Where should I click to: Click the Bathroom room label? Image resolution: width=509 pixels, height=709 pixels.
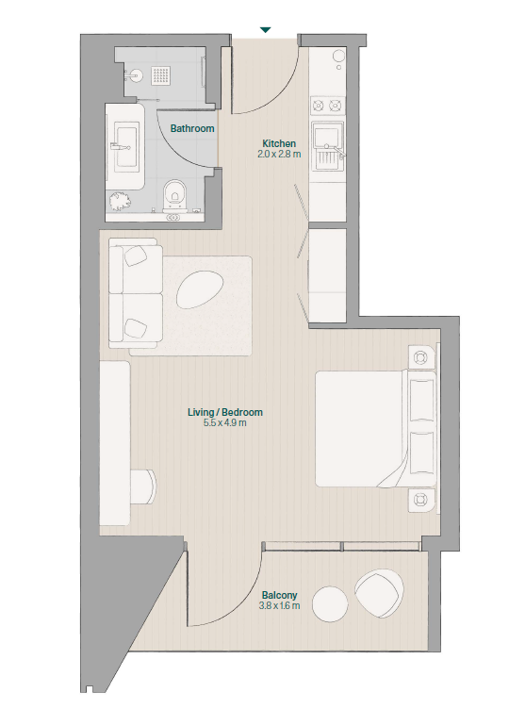tap(192, 128)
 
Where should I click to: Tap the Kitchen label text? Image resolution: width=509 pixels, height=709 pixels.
tap(279, 143)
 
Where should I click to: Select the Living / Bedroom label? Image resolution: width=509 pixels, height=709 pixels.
tap(225, 412)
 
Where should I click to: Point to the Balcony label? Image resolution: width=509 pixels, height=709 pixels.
tap(279, 595)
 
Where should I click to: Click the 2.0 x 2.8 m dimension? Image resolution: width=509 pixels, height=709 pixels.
tap(279, 155)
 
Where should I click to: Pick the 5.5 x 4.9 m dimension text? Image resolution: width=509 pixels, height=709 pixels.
tap(225, 423)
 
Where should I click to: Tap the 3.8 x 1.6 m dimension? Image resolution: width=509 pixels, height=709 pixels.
tap(279, 606)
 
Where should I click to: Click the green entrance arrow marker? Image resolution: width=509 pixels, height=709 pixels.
tap(266, 30)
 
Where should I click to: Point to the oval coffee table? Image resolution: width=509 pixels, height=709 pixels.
tap(200, 289)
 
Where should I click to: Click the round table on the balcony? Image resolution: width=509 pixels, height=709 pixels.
tap(330, 604)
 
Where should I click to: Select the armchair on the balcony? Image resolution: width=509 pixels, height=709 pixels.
tap(379, 594)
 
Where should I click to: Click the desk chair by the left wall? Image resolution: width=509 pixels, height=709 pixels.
tap(144, 486)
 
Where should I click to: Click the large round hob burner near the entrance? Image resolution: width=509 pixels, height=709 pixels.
tap(339, 56)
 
